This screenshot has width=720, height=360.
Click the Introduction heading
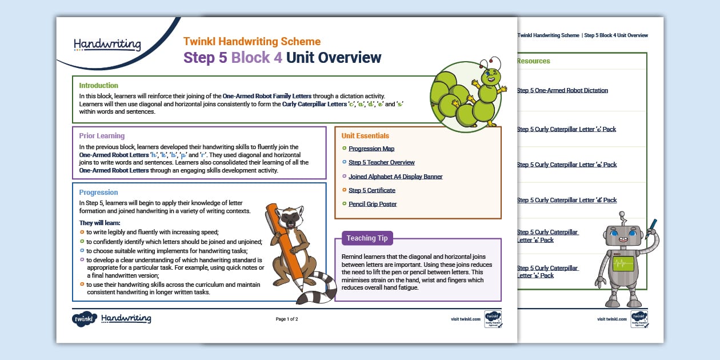(x=98, y=86)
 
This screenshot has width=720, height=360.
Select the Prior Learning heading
(x=102, y=136)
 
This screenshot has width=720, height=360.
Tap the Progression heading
(x=98, y=193)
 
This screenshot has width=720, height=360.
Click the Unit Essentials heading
(x=365, y=136)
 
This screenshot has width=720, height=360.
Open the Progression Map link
(x=371, y=149)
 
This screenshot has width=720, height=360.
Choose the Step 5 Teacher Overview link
(x=381, y=163)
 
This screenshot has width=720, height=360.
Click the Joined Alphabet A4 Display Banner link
(x=395, y=177)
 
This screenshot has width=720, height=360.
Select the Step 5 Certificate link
(x=372, y=190)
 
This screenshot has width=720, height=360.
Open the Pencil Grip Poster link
(x=373, y=204)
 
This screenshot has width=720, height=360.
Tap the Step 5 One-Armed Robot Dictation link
(x=562, y=90)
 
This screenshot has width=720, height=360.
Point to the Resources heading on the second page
(x=533, y=61)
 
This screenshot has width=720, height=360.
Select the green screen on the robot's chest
(x=623, y=264)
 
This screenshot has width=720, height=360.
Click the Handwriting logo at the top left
(x=107, y=45)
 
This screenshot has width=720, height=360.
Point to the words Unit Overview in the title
(x=334, y=58)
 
